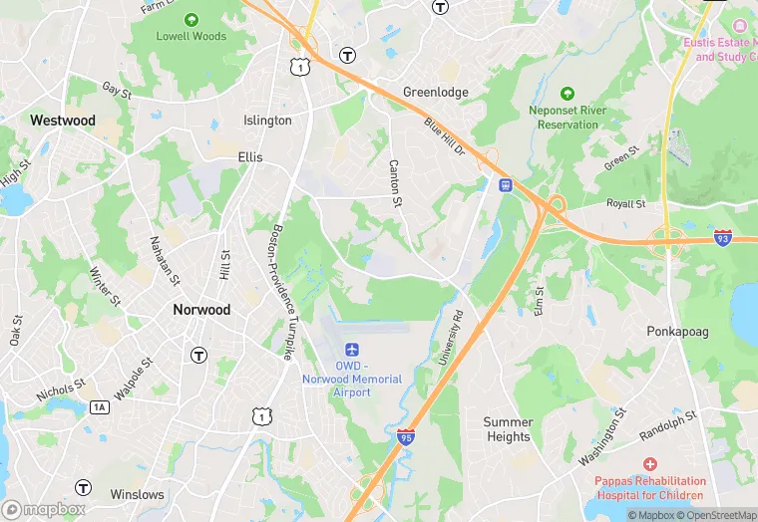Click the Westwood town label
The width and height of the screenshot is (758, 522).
click(63, 121)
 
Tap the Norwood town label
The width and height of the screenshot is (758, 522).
click(201, 310)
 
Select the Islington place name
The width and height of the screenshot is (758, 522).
click(267, 121)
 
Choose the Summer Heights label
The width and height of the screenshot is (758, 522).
click(508, 429)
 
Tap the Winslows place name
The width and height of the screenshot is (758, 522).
click(137, 494)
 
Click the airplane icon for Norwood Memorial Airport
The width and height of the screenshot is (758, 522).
click(351, 350)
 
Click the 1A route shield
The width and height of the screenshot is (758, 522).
click(99, 406)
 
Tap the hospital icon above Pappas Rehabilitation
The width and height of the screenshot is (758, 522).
click(649, 464)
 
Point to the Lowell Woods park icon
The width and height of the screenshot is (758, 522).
click(190, 19)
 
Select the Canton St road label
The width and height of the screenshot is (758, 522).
click(395, 184)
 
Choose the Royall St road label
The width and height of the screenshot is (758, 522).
click(626, 204)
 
